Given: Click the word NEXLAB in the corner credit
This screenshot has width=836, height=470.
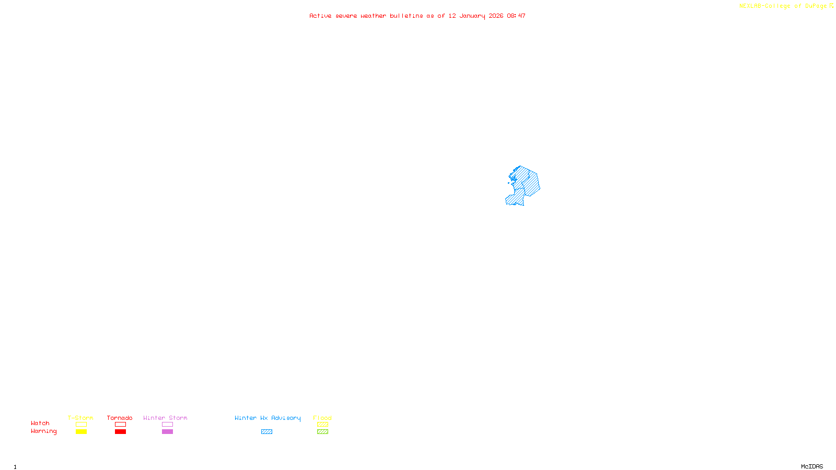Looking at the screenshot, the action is pyautogui.click(x=750, y=6).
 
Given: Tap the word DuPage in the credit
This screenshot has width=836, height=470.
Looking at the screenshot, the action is pyautogui.click(x=816, y=6).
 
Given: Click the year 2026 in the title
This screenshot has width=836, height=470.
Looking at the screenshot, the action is pyautogui.click(x=496, y=16).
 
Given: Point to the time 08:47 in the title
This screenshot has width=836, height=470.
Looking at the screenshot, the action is pyautogui.click(x=516, y=16).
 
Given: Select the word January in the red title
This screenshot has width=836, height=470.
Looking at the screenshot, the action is pyautogui.click(x=472, y=16).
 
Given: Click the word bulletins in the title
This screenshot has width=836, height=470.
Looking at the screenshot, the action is pyautogui.click(x=406, y=16).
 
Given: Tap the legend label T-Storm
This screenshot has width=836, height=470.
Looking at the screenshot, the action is pyautogui.click(x=80, y=418).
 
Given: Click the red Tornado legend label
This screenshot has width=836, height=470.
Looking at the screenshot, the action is pyautogui.click(x=120, y=418).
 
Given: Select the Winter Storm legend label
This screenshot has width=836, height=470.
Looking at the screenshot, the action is pyautogui.click(x=165, y=418).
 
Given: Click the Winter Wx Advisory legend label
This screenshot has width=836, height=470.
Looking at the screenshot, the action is pyautogui.click(x=268, y=418).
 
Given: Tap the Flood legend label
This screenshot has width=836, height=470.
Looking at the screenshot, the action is pyautogui.click(x=322, y=418).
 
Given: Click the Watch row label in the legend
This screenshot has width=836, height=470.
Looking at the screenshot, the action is pyautogui.click(x=40, y=423).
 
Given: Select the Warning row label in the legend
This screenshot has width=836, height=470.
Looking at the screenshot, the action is pyautogui.click(x=43, y=431).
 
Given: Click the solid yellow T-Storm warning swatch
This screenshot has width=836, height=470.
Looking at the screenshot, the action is pyautogui.click(x=81, y=432).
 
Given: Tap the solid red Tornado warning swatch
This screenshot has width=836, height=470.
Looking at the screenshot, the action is pyautogui.click(x=121, y=432).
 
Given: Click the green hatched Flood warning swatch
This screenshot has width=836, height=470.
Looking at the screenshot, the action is pyautogui.click(x=322, y=432).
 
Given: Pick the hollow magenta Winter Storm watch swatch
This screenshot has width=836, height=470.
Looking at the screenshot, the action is pyautogui.click(x=167, y=425).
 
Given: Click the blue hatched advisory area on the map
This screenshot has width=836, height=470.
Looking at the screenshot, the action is pyautogui.click(x=528, y=183).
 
